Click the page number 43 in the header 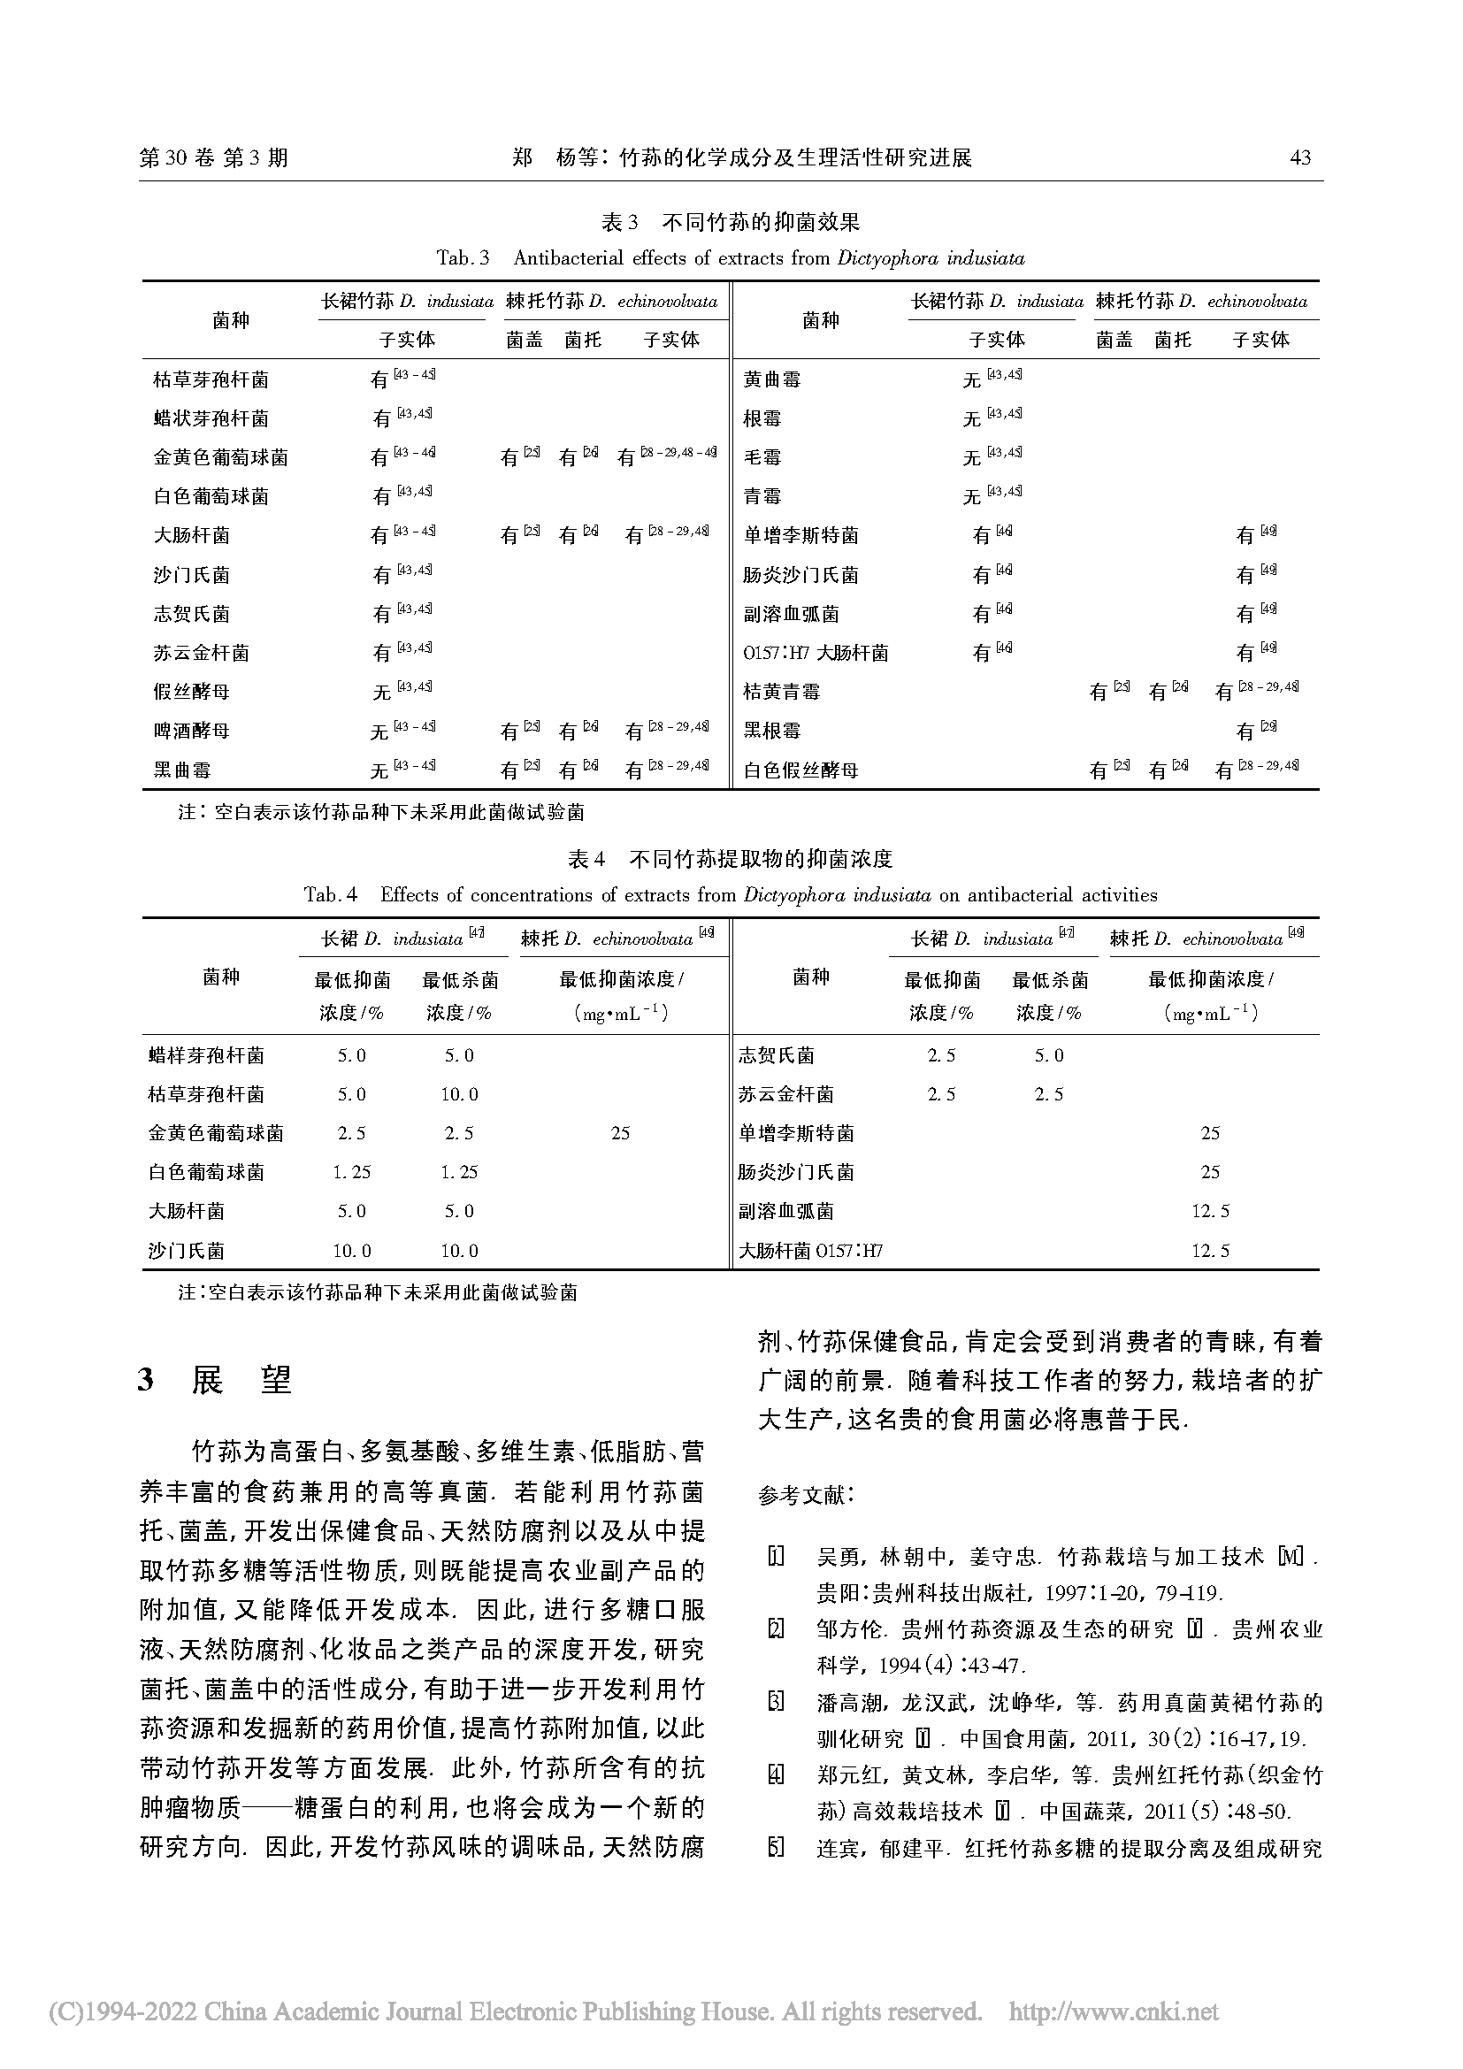1300,157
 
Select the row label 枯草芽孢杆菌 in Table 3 211,379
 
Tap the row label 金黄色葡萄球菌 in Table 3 221,458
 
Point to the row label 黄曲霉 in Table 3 772,379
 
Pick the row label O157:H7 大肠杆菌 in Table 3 816,653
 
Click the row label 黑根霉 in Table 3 772,731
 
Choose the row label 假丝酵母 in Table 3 192,692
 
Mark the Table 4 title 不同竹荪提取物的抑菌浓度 761,859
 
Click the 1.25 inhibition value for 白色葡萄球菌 351,1172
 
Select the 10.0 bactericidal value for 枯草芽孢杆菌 459,1094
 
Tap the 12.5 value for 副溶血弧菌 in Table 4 1210,1211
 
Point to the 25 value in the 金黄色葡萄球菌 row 620,1133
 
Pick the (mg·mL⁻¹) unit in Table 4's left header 620,1013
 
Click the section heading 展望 241,1380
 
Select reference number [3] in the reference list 775,1702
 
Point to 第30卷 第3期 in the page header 213,157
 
